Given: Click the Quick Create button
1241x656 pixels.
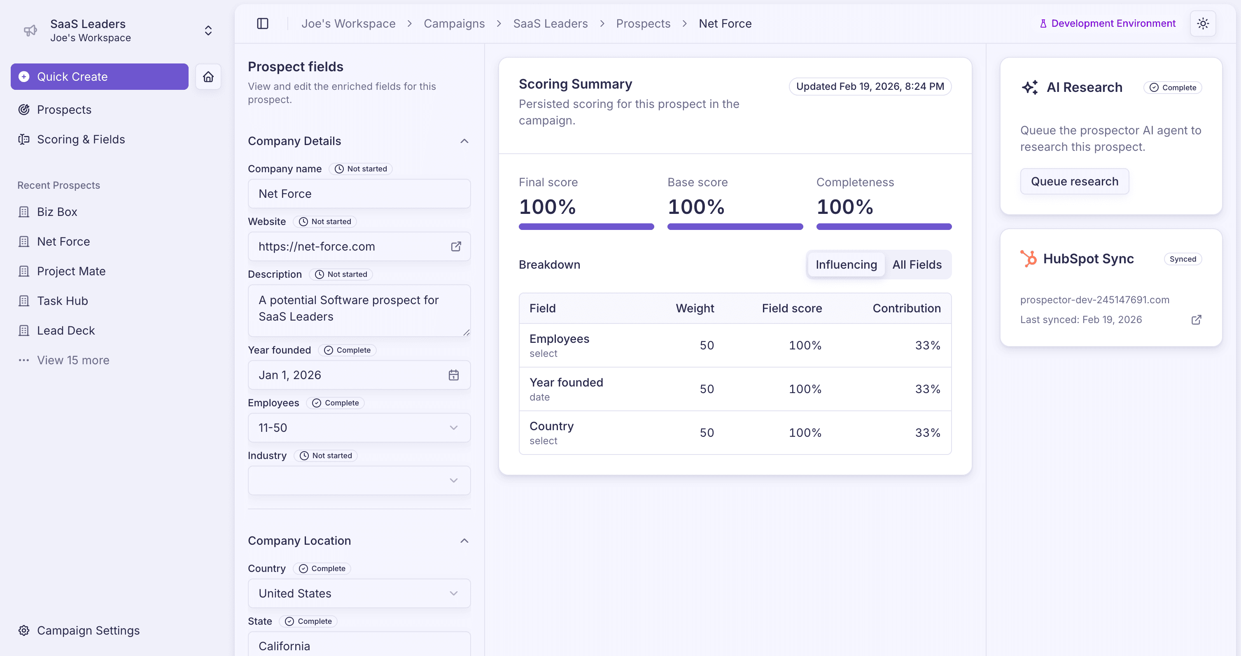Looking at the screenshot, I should pyautogui.click(x=99, y=77).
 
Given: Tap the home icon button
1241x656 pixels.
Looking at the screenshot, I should pyautogui.click(x=208, y=77).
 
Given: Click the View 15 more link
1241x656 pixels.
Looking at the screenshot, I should pyautogui.click(x=73, y=360).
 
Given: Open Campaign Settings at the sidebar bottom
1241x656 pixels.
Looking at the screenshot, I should pyautogui.click(x=88, y=630).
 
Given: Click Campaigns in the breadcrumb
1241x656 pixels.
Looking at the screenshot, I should pyautogui.click(x=454, y=23).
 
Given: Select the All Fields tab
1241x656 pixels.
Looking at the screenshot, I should pyautogui.click(x=916, y=265).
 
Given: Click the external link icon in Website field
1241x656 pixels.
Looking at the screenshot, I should pyautogui.click(x=456, y=246).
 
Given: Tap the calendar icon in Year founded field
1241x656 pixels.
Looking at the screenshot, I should pyautogui.click(x=453, y=375).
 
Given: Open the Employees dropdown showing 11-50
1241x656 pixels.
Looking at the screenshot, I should pyautogui.click(x=359, y=428).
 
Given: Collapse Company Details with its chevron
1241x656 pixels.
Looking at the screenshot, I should pyautogui.click(x=464, y=141).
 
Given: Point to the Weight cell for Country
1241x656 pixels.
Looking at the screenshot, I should pyautogui.click(x=706, y=432).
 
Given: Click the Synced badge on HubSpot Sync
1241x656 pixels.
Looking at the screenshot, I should pyautogui.click(x=1182, y=259).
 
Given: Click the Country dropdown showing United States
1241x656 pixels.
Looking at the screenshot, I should pyautogui.click(x=359, y=593).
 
